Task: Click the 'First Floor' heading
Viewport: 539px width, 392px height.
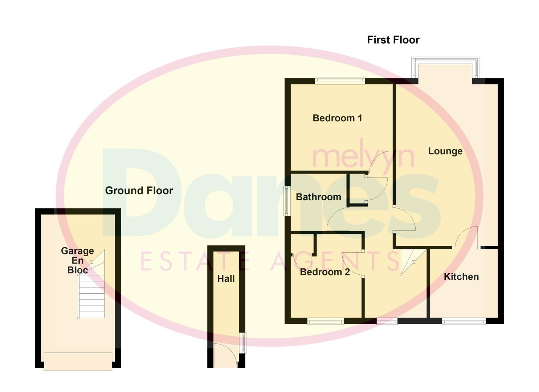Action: [x=393, y=40]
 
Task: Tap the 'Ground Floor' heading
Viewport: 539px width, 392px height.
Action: [x=139, y=191]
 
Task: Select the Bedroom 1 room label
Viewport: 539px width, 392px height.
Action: [x=337, y=118]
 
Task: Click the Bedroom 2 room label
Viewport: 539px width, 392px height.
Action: [x=325, y=272]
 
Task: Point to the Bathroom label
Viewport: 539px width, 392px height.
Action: [x=318, y=197]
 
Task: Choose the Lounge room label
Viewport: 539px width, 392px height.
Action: [x=445, y=151]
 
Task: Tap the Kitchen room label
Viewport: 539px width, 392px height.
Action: [x=461, y=277]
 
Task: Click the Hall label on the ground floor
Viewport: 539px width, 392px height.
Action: [x=226, y=279]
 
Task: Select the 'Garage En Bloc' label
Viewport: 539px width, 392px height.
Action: [x=77, y=260]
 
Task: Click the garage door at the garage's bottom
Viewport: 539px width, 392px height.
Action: [x=78, y=361]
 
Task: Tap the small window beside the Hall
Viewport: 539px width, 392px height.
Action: [x=243, y=343]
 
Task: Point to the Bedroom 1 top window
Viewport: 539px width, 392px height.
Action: [x=340, y=81]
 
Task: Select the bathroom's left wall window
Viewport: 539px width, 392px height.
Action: [x=287, y=201]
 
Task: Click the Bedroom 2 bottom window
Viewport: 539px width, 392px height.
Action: [x=325, y=321]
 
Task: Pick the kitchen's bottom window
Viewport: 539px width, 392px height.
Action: [x=464, y=321]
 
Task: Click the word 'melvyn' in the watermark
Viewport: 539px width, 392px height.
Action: [x=363, y=157]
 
